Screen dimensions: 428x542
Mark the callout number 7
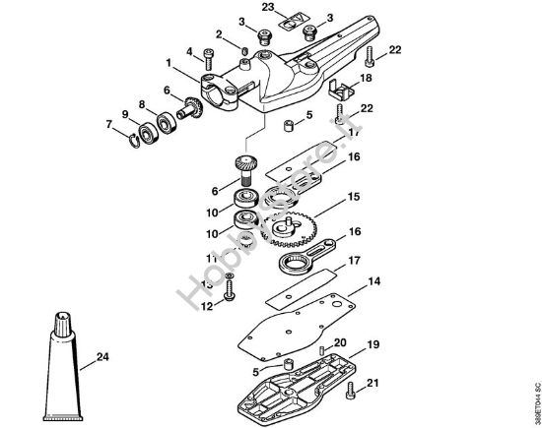point(108,123)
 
